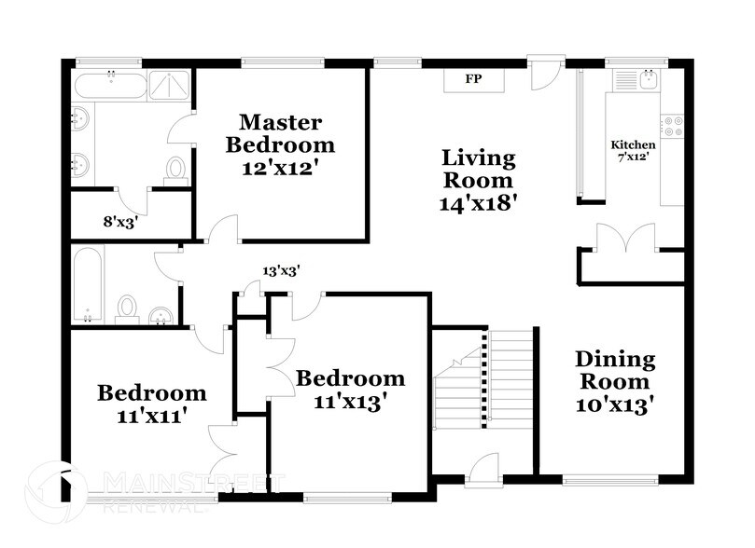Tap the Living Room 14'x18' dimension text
478,202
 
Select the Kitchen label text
633,145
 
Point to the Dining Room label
614,370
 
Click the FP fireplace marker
473,79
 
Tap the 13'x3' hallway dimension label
280,271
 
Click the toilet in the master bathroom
175,169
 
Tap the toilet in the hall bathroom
127,308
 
